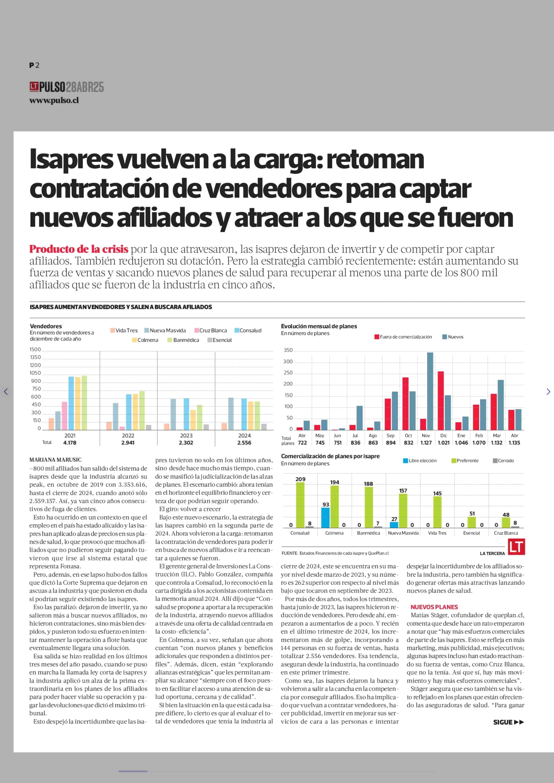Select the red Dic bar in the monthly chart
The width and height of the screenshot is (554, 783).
click(441, 401)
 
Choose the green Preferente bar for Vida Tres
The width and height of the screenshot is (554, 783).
click(437, 512)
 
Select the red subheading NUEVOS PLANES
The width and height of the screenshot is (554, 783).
click(434, 607)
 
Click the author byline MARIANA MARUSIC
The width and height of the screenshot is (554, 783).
click(56, 460)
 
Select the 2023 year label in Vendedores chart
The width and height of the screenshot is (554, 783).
click(186, 436)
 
